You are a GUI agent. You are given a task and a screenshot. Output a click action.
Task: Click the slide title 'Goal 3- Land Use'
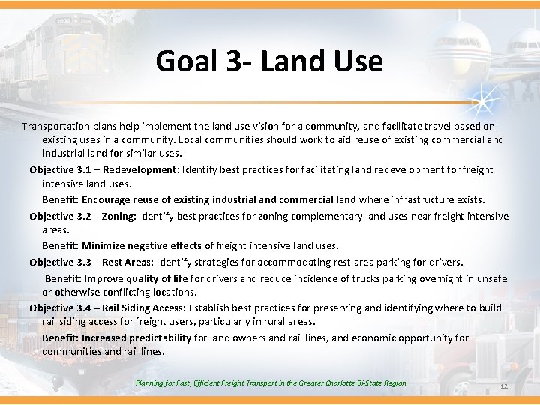(269, 61)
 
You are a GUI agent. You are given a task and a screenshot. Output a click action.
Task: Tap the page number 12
(503, 386)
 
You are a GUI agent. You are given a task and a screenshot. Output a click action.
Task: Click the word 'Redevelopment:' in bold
(144, 170)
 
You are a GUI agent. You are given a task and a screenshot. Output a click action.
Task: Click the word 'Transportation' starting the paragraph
(55, 127)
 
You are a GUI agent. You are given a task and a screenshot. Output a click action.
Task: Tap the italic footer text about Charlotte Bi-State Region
(271, 383)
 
